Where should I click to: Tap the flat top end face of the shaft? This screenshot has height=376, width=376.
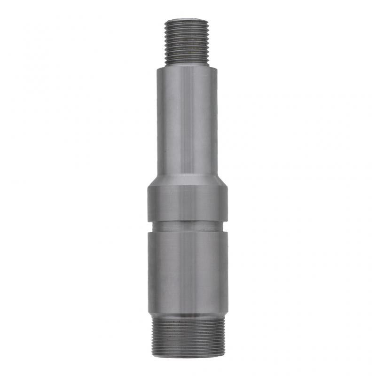coord(187,20)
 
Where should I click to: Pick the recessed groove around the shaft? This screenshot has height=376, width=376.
coord(187,226)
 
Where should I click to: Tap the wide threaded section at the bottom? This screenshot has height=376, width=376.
coord(187,336)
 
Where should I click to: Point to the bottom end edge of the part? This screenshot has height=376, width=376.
coord(187,356)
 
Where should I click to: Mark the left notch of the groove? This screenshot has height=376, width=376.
coord(149,226)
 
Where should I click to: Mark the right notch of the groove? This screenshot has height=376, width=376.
coord(226,226)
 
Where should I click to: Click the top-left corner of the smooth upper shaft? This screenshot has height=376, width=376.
coord(158,69)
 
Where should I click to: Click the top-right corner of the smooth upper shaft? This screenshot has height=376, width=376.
coord(217,69)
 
